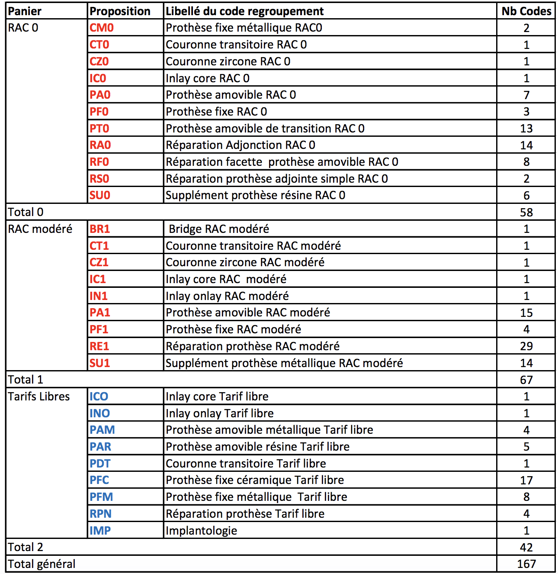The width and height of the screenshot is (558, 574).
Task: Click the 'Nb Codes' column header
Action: pos(526,11)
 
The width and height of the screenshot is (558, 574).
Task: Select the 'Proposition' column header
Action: pos(120,11)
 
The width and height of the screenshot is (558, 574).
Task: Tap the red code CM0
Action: pos(102,28)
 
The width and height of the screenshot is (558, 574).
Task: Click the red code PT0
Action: pos(99,129)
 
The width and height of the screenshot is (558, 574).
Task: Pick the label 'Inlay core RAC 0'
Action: pos(208,78)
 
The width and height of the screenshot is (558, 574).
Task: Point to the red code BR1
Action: pos(100,229)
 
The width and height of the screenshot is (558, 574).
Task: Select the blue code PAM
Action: pos(102,430)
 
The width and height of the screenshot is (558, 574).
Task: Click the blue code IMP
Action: pos(100,531)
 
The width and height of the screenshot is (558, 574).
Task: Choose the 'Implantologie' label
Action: pos(202,531)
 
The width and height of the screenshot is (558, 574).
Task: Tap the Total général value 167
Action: pos(526,564)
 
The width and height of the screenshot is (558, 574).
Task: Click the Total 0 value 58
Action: pos(526,213)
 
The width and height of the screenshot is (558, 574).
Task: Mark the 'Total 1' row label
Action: pos(26,380)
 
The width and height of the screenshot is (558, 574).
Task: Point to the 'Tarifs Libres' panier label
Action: pos(39,397)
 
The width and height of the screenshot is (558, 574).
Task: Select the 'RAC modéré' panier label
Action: pos(40,229)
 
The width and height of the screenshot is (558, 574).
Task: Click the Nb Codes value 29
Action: pos(526,346)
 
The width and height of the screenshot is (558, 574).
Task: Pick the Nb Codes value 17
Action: pos(526,480)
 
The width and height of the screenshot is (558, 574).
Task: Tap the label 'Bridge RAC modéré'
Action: pos(219,229)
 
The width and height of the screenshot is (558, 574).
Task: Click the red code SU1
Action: pos(100,363)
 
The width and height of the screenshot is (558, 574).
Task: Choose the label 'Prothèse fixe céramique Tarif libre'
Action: pos(255,480)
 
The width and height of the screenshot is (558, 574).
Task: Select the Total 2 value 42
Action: pos(526,548)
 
